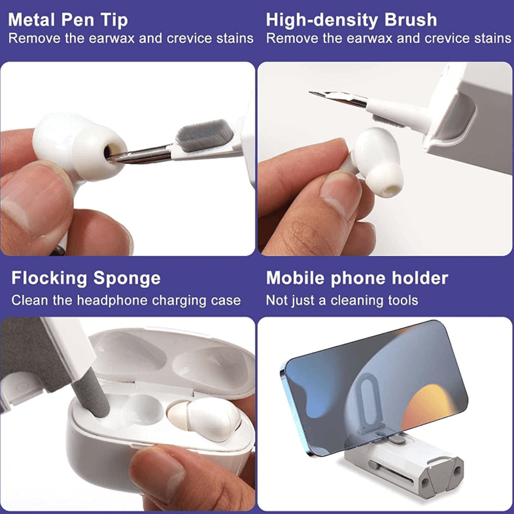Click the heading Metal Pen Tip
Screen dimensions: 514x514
point(68,20)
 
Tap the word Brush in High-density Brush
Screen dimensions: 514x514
point(411,20)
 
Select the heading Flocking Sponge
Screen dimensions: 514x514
point(86,278)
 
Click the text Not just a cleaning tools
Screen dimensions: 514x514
point(342,300)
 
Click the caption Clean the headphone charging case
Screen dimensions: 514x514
point(126,300)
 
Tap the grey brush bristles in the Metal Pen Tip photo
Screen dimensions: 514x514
point(205,134)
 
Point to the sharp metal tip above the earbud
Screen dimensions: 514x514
point(338,98)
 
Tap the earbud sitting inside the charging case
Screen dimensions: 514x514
point(205,418)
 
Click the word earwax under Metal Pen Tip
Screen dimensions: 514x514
point(111,39)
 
